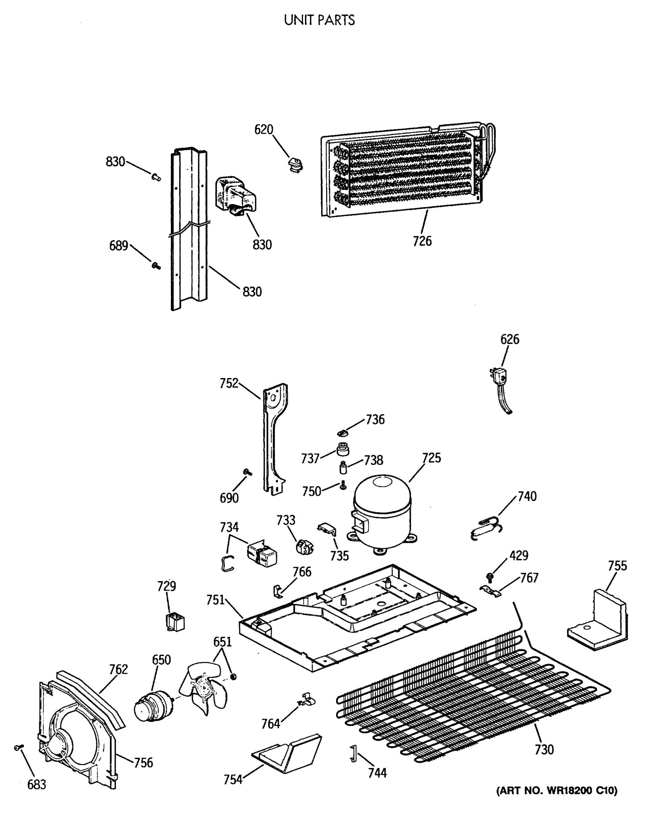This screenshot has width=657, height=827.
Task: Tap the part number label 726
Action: [x=422, y=241]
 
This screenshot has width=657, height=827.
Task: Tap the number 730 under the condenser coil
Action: [x=544, y=749]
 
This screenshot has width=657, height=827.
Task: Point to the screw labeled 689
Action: [x=156, y=265]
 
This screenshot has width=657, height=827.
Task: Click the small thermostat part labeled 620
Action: [x=295, y=165]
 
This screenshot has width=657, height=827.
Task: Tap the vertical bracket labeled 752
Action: [x=274, y=437]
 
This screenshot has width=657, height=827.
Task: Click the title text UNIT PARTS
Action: [x=319, y=20]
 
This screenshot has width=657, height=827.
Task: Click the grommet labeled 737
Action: [x=342, y=449]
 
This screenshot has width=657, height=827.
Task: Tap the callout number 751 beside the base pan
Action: [x=216, y=600]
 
